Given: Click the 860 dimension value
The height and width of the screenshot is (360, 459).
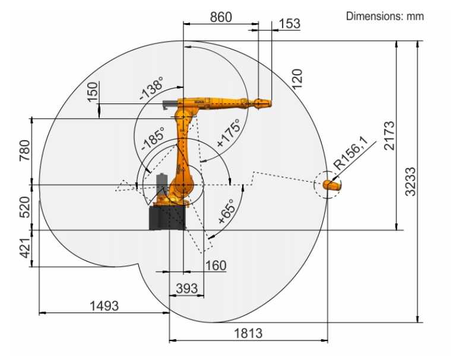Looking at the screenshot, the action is tap(221, 17).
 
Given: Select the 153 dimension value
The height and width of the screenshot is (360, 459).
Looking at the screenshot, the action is tap(290, 24).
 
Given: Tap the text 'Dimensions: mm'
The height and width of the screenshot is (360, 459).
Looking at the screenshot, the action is tap(385, 16).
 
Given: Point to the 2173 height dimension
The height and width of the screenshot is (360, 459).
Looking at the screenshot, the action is tap(390, 135).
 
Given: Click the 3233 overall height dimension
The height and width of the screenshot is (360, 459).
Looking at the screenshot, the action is tap(410, 181).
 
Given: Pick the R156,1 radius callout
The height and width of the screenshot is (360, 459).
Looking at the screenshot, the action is tap(352, 153).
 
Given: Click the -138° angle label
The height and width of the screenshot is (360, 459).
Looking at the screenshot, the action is tap(151, 88).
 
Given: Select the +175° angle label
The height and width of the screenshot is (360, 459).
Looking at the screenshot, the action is tap(229, 132).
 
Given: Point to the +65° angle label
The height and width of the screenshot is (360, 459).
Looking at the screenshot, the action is tap(227, 211).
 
